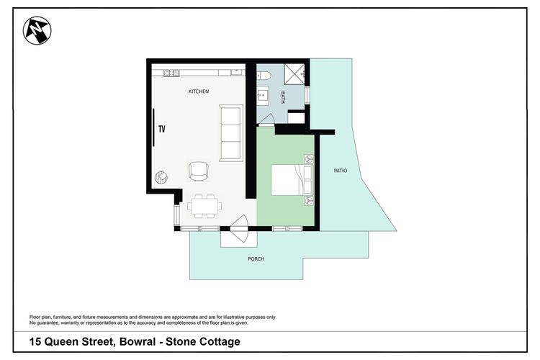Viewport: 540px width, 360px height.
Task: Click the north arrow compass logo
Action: tap(37, 31)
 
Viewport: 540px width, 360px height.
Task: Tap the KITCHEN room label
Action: tap(199, 91)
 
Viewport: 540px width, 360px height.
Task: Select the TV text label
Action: tap(162, 130)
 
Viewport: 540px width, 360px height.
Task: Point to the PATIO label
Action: tap(341, 171)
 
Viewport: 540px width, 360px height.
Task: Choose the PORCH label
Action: tap(256, 258)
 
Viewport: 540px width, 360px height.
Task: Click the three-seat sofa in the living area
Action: tap(230, 133)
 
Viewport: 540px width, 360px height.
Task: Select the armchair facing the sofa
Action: tap(198, 171)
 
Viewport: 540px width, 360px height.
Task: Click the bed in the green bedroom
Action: tap(292, 180)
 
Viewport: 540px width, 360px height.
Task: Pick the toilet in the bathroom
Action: tap(264, 74)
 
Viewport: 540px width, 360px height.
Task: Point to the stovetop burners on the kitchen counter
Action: tap(171, 73)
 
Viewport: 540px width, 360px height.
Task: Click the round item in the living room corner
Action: tap(162, 177)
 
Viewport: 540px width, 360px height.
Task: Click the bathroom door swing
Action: tap(266, 120)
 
